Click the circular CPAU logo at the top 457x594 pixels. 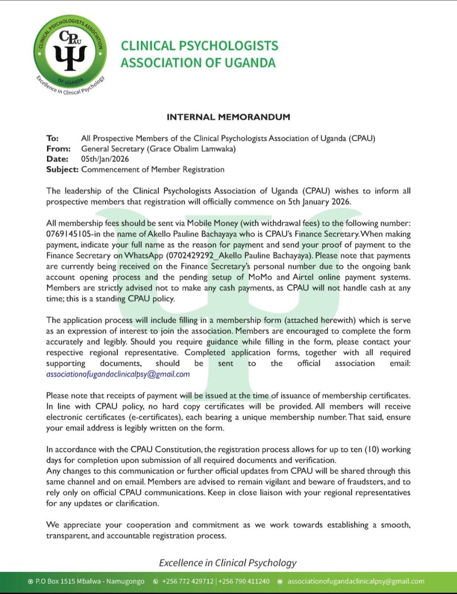click(x=69, y=51)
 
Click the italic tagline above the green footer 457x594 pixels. click(x=228, y=563)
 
